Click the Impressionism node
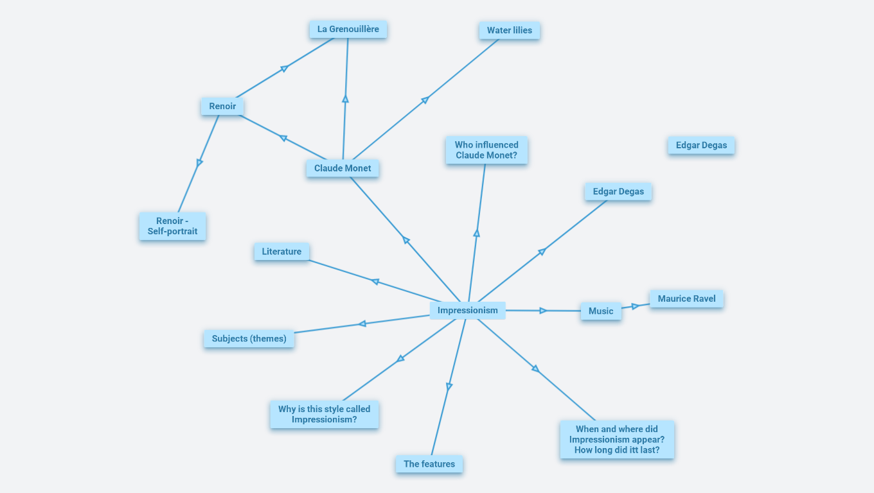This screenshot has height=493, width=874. [467, 311]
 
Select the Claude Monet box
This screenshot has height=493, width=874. [343, 168]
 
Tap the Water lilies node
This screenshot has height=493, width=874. [509, 30]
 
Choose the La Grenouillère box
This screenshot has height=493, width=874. [348, 29]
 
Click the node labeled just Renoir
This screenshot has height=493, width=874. [222, 107]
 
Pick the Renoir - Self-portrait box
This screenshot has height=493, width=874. [172, 226]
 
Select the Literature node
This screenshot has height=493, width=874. [281, 252]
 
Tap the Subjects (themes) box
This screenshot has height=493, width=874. [249, 338]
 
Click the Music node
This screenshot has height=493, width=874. [601, 311]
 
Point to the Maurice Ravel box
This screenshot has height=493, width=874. [686, 298]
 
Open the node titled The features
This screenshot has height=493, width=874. [429, 464]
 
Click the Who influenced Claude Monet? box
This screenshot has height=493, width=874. [486, 150]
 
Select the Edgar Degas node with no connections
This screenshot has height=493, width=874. [701, 145]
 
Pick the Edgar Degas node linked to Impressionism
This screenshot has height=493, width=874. [618, 191]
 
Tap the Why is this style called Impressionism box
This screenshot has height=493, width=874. [324, 414]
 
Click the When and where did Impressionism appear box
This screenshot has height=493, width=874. [617, 440]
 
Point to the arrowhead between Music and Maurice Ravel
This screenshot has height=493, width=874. [635, 306]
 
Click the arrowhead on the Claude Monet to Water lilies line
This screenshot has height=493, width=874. [425, 99]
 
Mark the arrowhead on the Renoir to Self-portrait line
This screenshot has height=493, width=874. [199, 163]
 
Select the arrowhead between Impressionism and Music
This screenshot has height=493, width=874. [543, 311]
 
